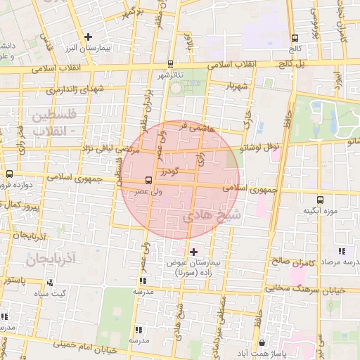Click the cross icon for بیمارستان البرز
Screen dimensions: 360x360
(89, 37)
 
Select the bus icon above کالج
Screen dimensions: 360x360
(294, 38)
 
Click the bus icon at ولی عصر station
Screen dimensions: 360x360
(147, 180)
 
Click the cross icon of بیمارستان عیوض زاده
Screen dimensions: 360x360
(194, 251)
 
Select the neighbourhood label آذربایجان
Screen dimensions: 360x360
(51, 260)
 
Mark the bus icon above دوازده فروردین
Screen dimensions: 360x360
(9, 174)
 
